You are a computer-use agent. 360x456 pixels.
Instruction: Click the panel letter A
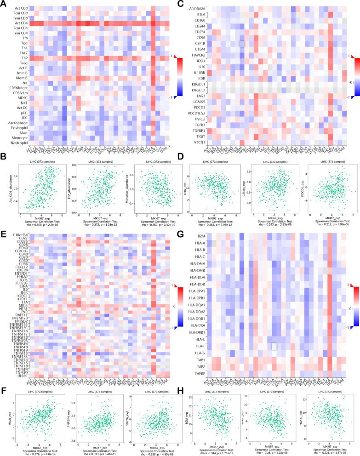point(4,4)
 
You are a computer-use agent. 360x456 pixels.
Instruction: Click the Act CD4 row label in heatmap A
point(20,23)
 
